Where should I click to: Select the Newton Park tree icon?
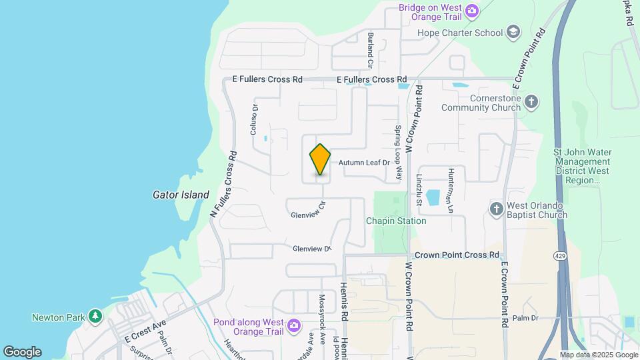coord(95,315)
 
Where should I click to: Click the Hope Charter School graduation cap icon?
coord(513,32)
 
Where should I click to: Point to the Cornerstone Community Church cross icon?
coord(531,102)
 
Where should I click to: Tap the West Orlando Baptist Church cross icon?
coord(496,209)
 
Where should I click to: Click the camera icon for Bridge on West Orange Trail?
coord(472,10)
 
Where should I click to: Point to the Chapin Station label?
coord(395,221)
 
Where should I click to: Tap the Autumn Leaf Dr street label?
coord(363,163)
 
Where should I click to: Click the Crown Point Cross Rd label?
coord(457,255)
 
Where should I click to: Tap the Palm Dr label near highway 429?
coord(525,318)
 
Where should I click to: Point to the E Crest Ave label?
coord(145,331)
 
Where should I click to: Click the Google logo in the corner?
coord(22,352)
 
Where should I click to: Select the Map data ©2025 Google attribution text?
coord(599,355)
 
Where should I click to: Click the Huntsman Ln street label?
coord(451,190)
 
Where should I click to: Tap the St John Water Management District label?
coord(581,166)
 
